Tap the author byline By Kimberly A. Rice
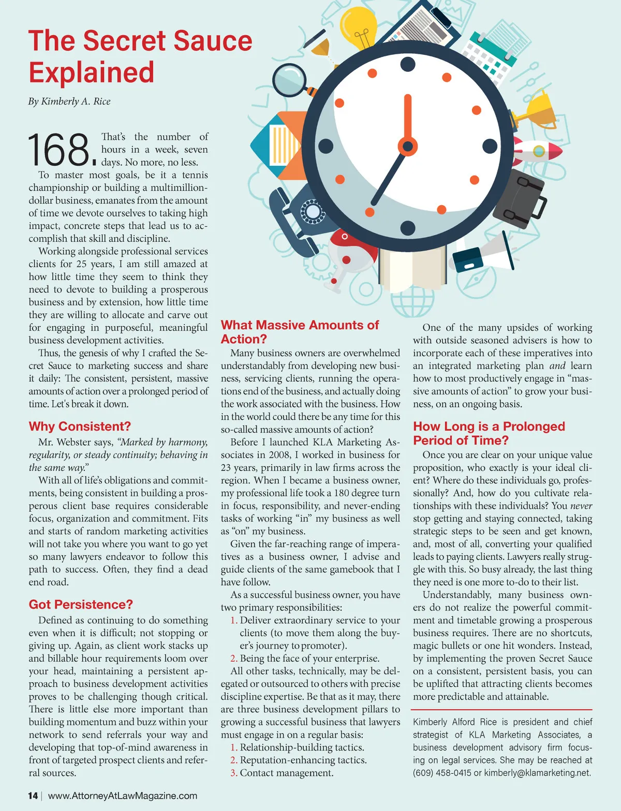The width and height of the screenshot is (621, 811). (x=69, y=101)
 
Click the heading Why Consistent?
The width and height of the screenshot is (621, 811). (x=80, y=426)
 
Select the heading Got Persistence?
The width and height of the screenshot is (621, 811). (x=81, y=605)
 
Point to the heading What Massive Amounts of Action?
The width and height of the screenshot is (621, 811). (x=300, y=332)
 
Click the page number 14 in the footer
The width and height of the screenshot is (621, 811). (x=33, y=795)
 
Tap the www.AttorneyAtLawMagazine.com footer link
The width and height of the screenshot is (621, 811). (x=123, y=795)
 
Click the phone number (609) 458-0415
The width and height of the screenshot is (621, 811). (x=442, y=773)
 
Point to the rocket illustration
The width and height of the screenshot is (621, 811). (x=538, y=151)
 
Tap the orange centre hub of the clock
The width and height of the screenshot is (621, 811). (x=407, y=146)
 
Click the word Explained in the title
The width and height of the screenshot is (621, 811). (x=92, y=72)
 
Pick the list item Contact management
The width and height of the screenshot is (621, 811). (x=286, y=773)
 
